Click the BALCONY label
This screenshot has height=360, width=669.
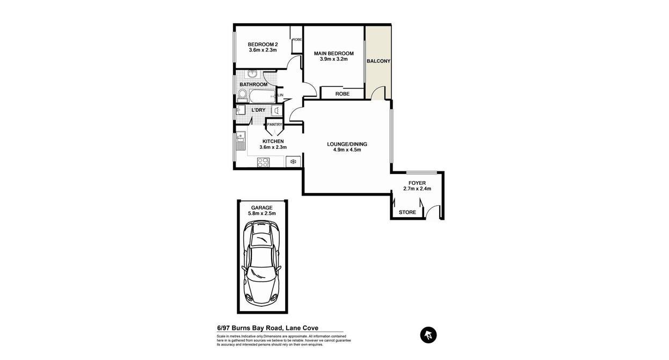379,61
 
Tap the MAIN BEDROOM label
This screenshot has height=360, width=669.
333,54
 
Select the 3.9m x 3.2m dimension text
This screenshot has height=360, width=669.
333,59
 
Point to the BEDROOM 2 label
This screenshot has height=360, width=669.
263,45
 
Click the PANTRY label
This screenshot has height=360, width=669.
274,124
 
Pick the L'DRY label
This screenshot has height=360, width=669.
258,110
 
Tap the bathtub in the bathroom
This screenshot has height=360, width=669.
262,96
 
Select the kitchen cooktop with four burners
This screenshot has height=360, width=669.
263,162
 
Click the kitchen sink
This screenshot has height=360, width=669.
241,141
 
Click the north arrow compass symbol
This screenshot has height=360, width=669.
428,335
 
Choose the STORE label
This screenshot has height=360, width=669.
408,212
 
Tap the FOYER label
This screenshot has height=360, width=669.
417,183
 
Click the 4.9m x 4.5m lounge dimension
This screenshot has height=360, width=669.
347,150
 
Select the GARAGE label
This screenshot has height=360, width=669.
261,208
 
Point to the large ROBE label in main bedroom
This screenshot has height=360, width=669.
342,94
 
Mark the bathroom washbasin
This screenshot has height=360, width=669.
253,73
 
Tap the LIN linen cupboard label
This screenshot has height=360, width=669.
280,96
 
